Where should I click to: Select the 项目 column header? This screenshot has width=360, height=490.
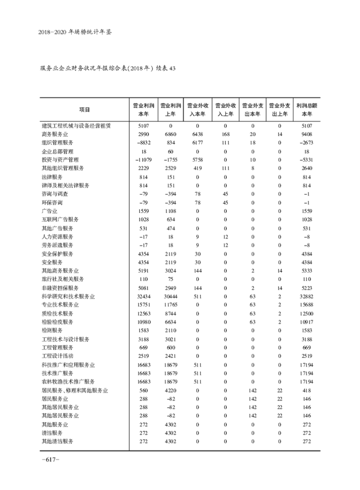pos(85,109)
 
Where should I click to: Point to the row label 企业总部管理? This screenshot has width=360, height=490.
pos(57,151)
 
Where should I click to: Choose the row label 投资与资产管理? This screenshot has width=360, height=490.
pos(60,160)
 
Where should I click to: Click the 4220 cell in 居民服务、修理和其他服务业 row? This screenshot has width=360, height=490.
pos(171,390)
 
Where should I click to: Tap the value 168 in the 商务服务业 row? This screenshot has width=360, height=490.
pos(225,134)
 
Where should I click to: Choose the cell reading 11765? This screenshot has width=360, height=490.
pos(171,305)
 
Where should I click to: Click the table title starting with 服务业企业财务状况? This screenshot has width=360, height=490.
pos(108,68)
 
